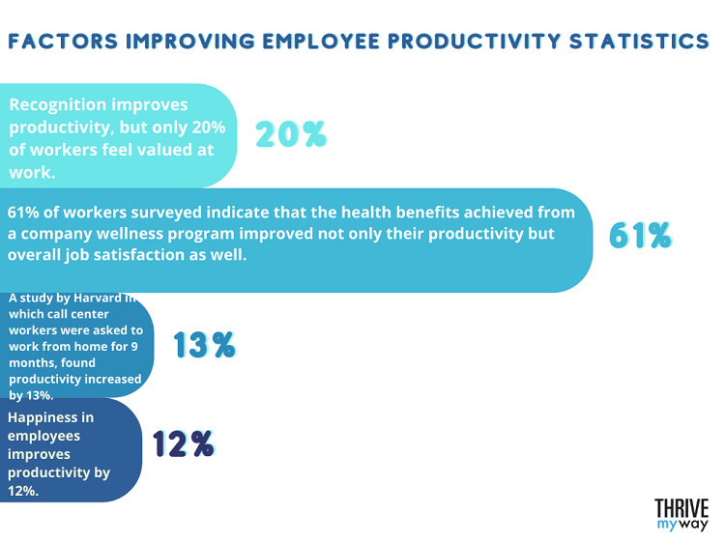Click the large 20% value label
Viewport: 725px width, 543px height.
pyautogui.click(x=291, y=134)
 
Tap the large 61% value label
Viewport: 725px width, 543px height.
pyautogui.click(x=640, y=236)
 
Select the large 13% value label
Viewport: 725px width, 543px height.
pyautogui.click(x=204, y=344)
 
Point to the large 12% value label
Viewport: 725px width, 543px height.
pyautogui.click(x=184, y=443)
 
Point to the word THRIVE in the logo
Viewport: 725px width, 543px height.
pyautogui.click(x=681, y=509)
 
